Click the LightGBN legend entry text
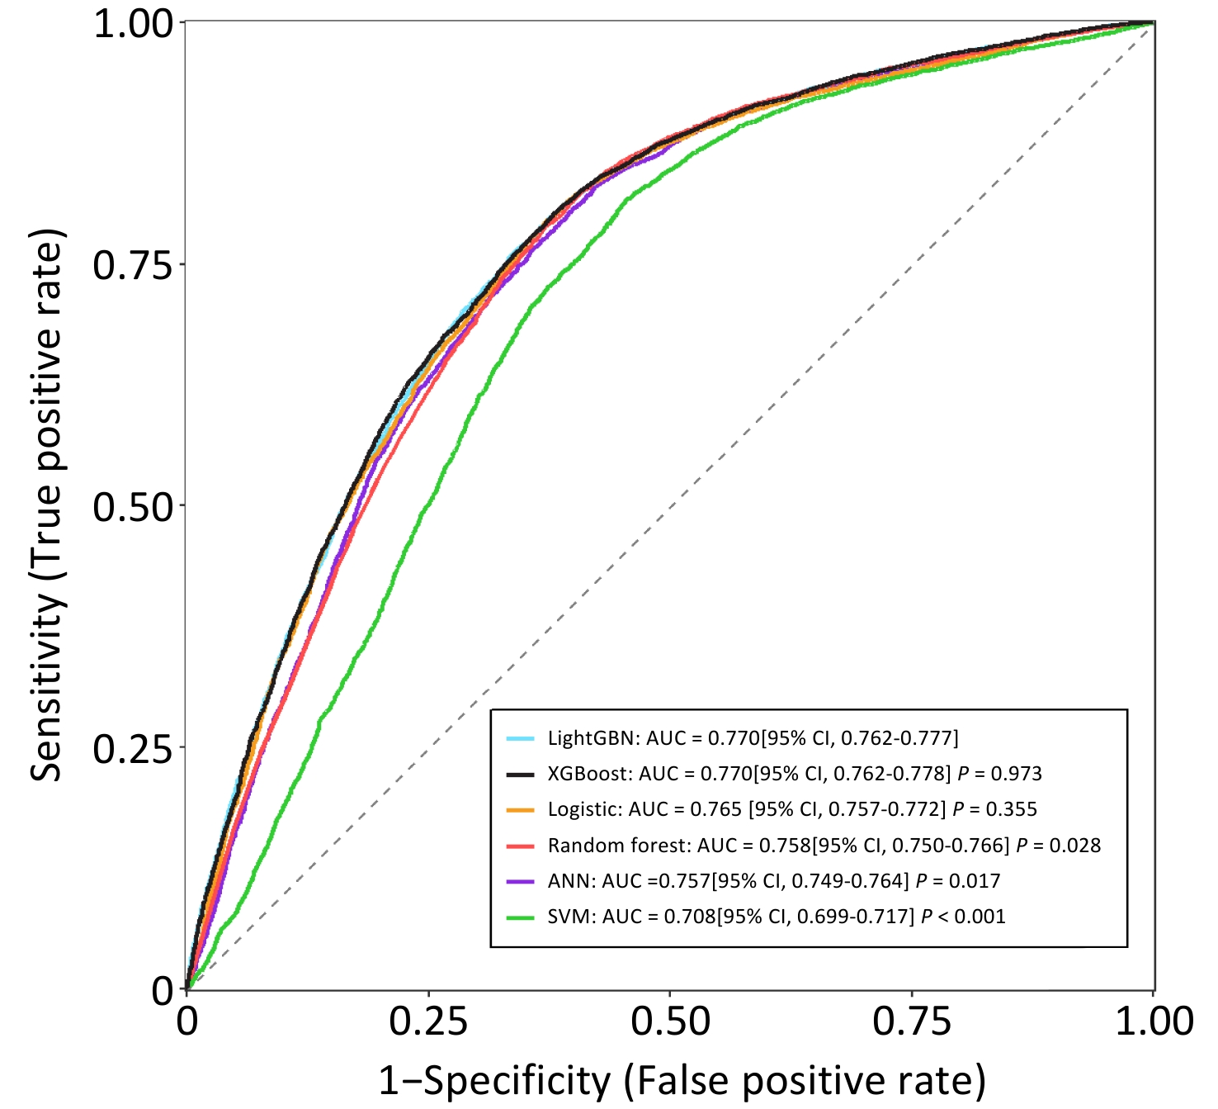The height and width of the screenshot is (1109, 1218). [x=753, y=737]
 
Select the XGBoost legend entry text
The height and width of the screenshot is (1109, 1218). [x=794, y=774]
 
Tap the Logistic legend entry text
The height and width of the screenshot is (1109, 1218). [x=791, y=809]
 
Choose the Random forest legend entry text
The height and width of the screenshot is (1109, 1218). [x=824, y=845]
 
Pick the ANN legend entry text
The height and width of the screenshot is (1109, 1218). [x=773, y=881]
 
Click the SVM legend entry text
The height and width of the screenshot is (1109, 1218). [x=776, y=917]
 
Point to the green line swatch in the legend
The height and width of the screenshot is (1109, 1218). [x=521, y=917]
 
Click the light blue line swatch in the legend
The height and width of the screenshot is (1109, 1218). [x=521, y=738]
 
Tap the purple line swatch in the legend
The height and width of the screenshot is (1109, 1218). [x=521, y=881]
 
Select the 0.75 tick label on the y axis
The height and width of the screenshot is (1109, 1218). [x=133, y=265]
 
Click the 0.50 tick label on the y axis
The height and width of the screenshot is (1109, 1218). [x=133, y=506]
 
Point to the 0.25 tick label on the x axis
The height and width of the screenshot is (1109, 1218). [x=428, y=1021]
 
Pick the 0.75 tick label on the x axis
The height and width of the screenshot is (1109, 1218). [x=912, y=1021]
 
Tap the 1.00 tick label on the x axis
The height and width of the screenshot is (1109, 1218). [x=1154, y=1021]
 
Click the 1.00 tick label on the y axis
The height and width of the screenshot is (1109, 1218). [x=133, y=24]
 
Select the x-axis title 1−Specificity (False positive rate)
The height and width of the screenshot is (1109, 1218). [x=682, y=1080]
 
